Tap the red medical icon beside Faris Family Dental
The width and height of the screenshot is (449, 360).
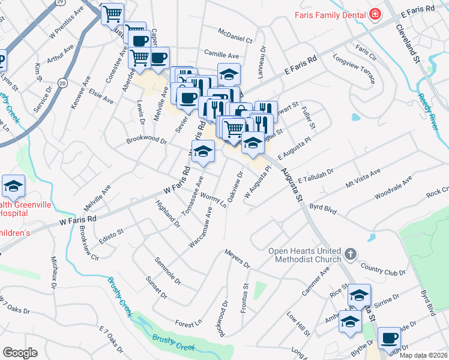(x=375, y=14)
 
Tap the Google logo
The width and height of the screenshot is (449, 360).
(x=20, y=353)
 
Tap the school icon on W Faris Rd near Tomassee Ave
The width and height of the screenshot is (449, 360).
(x=203, y=151)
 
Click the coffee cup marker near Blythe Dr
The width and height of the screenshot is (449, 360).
(x=389, y=338)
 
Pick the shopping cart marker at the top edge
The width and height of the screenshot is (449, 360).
(x=112, y=13)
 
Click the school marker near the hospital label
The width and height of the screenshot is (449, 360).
(x=13, y=186)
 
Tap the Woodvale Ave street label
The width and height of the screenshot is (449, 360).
(x=393, y=188)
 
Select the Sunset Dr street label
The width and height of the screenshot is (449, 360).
(x=156, y=287)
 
